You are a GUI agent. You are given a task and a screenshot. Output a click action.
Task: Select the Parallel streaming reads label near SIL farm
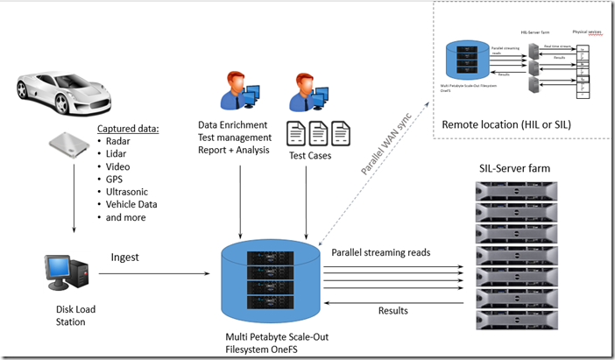pos(386,252)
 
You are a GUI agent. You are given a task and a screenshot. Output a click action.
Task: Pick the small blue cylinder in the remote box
pos(463,60)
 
